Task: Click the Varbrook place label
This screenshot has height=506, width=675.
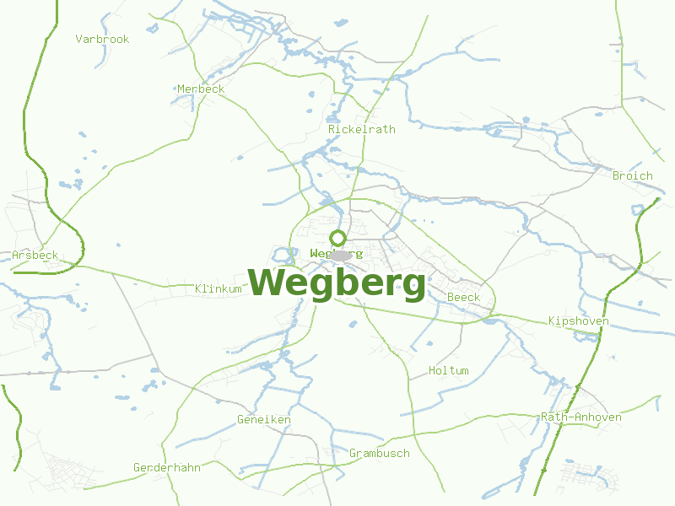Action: pos(102,39)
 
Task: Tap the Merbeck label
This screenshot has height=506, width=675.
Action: pos(201,89)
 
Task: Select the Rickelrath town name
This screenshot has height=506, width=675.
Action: pos(361,129)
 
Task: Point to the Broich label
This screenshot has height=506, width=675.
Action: pos(633,175)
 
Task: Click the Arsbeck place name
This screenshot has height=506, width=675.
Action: pos(35,255)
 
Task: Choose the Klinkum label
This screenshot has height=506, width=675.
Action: pos(218,288)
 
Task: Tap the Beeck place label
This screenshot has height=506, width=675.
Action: pos(463,297)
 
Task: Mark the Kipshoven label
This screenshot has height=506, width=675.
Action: pos(578,320)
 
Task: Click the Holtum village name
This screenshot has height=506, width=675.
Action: pos(448,370)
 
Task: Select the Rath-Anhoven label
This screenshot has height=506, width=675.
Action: pos(581,417)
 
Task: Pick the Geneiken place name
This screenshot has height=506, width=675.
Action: pos(263,419)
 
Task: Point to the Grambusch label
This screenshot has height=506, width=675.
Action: pos(380,453)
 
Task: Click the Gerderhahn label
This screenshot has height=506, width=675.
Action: pos(167,467)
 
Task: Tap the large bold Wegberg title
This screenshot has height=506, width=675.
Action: pos(337,283)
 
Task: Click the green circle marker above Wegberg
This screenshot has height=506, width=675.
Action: pos(337,238)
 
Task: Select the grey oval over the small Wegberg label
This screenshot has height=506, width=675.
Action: pos(340,255)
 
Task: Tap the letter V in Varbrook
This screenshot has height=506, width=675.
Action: pos(78,39)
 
